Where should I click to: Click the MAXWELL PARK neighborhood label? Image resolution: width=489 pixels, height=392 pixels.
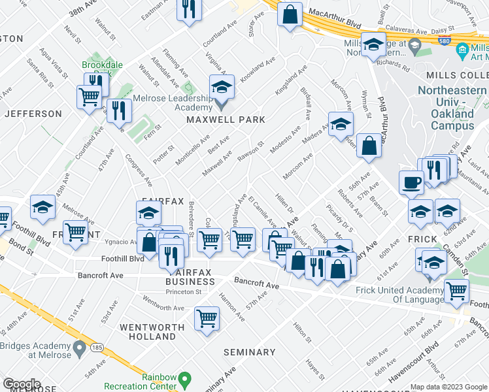226,120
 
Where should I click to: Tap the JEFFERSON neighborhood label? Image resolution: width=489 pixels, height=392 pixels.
33,114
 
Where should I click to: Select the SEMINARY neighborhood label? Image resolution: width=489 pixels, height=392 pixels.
249,352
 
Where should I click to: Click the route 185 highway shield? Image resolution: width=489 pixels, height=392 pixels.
97,347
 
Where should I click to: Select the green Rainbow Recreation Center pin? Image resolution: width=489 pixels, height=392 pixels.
184,378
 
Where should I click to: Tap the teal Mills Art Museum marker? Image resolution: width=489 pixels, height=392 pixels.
462,50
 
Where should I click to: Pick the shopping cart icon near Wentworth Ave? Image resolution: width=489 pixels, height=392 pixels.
207,319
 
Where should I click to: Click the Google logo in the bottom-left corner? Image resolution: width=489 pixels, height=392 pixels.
22,384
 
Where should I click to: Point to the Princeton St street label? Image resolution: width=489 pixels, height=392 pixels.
183,292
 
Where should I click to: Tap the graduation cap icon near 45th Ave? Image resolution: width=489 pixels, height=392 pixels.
42,208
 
